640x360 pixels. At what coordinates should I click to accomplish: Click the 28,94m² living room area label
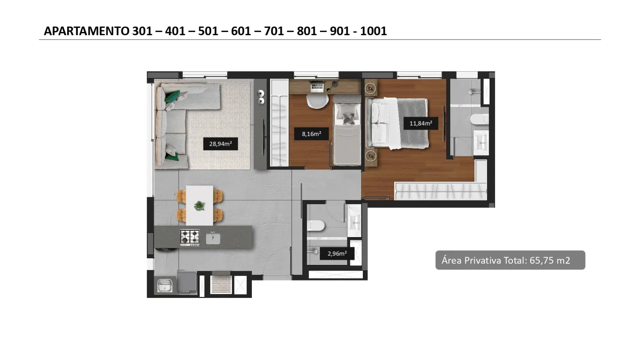(220, 144)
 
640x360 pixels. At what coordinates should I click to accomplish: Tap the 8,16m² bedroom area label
(311, 133)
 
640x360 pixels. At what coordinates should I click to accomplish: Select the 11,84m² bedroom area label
(421, 123)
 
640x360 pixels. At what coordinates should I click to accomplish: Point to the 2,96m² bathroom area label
(337, 254)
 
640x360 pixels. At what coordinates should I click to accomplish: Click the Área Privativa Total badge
(510, 260)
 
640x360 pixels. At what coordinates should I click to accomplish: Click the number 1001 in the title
(373, 31)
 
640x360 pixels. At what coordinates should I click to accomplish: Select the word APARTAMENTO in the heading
(86, 31)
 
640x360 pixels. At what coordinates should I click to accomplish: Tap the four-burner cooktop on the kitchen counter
(190, 238)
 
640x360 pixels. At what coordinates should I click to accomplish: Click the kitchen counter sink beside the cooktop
(213, 238)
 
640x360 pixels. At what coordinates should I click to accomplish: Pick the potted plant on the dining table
(199, 205)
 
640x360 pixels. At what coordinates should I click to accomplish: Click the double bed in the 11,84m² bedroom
(397, 123)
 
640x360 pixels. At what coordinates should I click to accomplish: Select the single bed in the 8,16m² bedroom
(347, 130)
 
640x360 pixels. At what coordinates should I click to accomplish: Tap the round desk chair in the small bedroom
(317, 101)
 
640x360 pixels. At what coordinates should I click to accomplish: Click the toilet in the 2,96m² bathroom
(316, 226)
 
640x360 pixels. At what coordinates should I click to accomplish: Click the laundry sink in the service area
(165, 286)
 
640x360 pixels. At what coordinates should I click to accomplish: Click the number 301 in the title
(142, 31)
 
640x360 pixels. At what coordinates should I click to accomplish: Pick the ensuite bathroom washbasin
(481, 142)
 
